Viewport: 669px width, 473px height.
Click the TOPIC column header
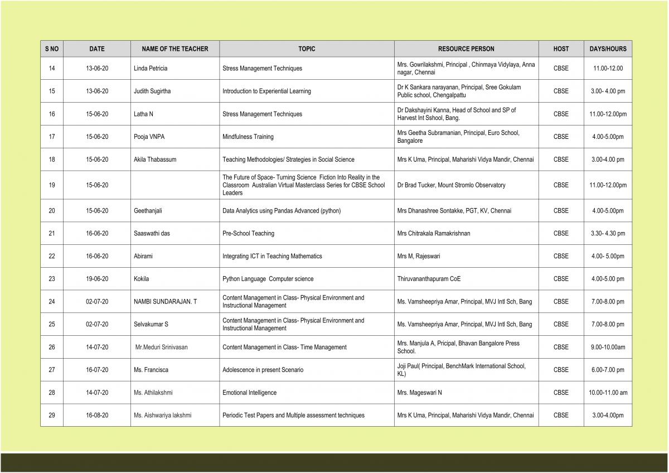pyautogui.click(x=307, y=49)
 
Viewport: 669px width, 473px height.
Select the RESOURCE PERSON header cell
pyautogui.click(x=466, y=49)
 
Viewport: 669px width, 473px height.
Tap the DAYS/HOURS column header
pyautogui.click(x=608, y=49)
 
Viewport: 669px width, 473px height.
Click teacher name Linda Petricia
pyautogui.click(x=151, y=69)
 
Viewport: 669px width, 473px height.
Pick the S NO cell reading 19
pyautogui.click(x=52, y=185)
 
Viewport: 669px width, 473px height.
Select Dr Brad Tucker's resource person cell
pyautogui.click(x=451, y=185)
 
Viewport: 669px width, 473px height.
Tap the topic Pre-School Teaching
pyautogui.click(x=248, y=234)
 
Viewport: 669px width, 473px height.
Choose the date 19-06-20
pyautogui.click(x=97, y=279)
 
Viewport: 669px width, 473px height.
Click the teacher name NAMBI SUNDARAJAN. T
pyautogui.click(x=165, y=302)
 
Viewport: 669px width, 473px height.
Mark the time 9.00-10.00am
pyautogui.click(x=608, y=347)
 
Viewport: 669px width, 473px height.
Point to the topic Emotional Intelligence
pyautogui.click(x=249, y=393)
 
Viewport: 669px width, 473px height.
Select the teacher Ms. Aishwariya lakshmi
pyautogui.click(x=162, y=416)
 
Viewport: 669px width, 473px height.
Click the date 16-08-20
pyautogui.click(x=97, y=416)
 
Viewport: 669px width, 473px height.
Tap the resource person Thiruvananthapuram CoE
pyautogui.click(x=429, y=279)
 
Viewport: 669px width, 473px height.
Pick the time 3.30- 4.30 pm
pyautogui.click(x=608, y=234)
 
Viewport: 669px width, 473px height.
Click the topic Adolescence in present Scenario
pyautogui.click(x=263, y=370)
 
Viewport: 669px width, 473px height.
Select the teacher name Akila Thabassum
pyautogui.click(x=155, y=160)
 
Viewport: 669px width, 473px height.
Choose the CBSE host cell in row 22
pyautogui.click(x=561, y=257)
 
